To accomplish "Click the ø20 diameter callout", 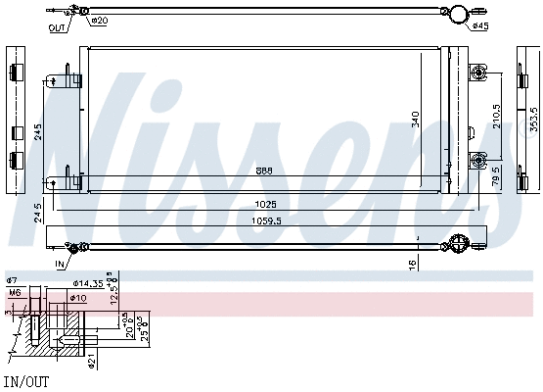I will point(100,21).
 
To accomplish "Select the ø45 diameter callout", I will point(479,25).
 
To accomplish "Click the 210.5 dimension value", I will point(496,119).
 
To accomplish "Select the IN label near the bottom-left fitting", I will point(59,265).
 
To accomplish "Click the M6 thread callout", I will point(15,292).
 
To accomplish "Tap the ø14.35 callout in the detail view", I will point(91,284).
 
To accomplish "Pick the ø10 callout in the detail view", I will point(79,298).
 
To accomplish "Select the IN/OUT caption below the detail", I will point(24,380).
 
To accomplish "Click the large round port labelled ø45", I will point(457,14).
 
